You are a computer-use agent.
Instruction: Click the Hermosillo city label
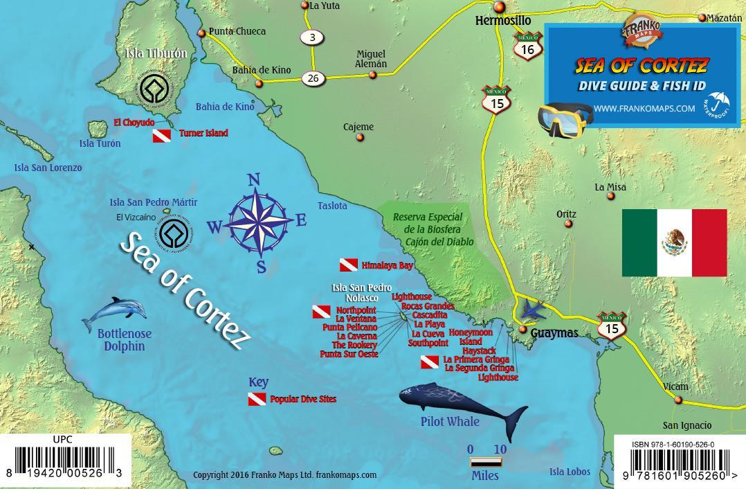503,21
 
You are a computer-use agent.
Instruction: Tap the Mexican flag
674,242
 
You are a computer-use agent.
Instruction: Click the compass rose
257,223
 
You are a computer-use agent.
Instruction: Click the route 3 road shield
312,37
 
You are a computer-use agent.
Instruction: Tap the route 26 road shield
313,78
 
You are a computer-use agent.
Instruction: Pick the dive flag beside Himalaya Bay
348,265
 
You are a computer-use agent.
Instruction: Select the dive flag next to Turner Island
162,135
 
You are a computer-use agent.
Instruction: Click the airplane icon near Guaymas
534,310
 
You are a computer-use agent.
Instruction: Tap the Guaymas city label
554,333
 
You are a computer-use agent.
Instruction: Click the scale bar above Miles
487,462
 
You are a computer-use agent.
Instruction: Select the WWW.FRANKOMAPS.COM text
644,108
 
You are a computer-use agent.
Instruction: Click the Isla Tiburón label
156,53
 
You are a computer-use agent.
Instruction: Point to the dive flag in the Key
257,400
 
